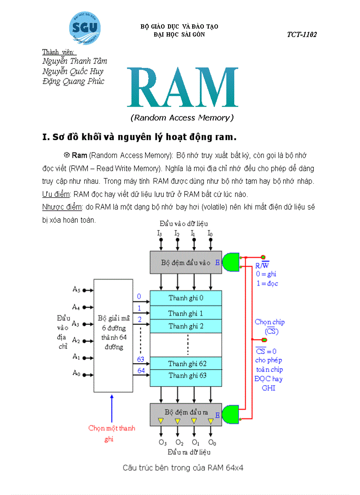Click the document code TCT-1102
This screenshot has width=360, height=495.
[x=302, y=35]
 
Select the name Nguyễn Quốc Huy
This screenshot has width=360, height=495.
[x=73, y=71]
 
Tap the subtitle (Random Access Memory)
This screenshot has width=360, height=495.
[x=182, y=118]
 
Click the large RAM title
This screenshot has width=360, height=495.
[x=182, y=89]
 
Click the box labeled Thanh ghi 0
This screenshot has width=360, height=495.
[x=185, y=298]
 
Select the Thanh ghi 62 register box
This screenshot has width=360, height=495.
[x=185, y=364]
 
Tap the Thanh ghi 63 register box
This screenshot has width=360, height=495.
[x=185, y=376]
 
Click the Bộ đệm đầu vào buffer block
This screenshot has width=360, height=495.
[x=185, y=262]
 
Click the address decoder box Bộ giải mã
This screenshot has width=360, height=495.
[x=113, y=335]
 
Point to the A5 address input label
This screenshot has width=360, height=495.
[x=76, y=290]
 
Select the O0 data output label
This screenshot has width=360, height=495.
[x=212, y=442]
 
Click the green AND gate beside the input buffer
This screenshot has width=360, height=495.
[x=230, y=262]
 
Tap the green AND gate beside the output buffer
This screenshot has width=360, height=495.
[x=230, y=414]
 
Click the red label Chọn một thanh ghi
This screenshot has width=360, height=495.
[x=112, y=433]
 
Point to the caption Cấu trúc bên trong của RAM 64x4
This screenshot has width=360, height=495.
[x=183, y=468]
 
